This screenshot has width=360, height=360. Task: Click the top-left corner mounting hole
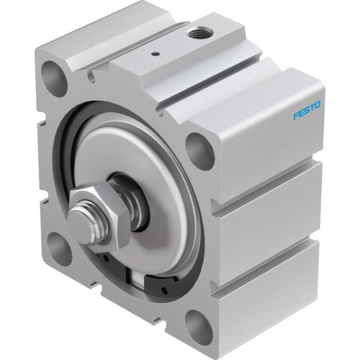click(x=52, y=73)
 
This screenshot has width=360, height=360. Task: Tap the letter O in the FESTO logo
click(x=320, y=107)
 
